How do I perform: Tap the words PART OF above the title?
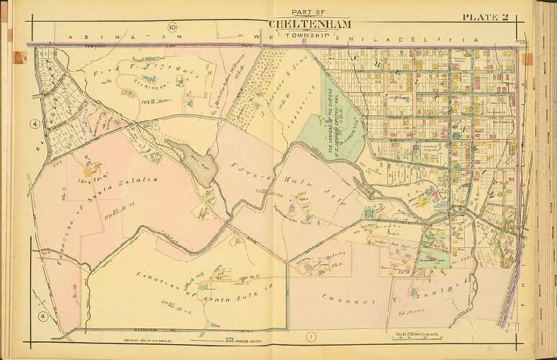[310, 11]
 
